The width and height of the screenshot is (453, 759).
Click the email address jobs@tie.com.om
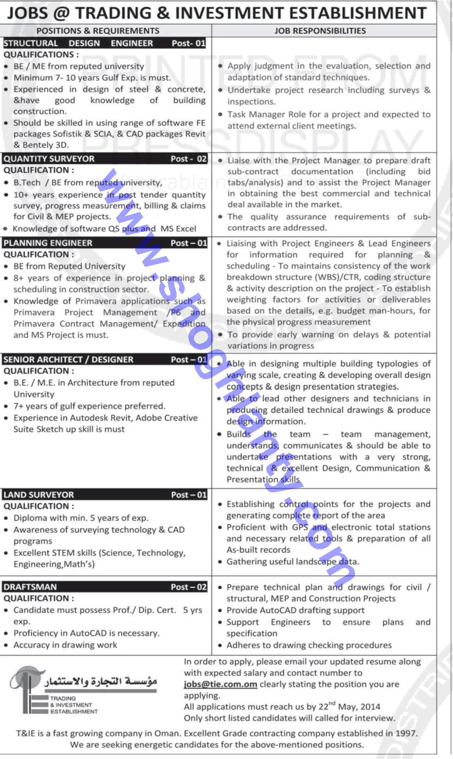pos(220,684)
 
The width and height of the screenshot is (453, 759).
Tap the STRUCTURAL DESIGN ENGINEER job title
pos(78,43)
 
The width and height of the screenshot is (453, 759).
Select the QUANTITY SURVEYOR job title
pos(49,159)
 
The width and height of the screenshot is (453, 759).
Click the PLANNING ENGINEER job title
pos(48,243)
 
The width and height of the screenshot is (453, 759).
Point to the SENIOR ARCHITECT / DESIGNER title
pos(68,360)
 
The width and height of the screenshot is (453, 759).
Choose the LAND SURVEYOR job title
pos(39,495)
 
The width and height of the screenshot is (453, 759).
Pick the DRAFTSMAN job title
pos(30,587)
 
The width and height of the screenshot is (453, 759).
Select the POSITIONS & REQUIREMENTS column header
pos(98,31)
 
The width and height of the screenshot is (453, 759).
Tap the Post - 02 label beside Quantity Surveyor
pos(188,159)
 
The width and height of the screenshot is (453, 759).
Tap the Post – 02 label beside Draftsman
pos(188,587)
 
